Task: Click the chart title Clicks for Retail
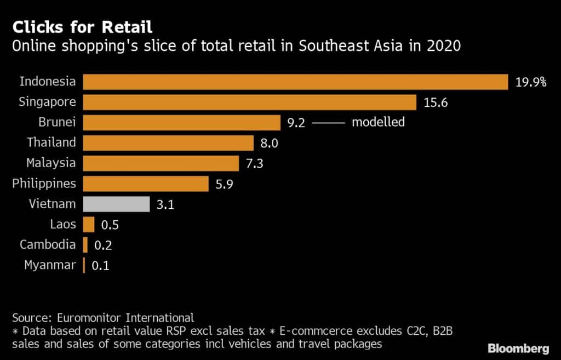pyautogui.click(x=82, y=27)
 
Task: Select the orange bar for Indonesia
pyautogui.click(x=295, y=82)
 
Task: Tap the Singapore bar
pyautogui.click(x=250, y=102)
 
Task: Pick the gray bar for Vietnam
pyautogui.click(x=116, y=204)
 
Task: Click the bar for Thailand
pyautogui.click(x=168, y=142)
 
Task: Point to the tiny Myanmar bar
pyautogui.click(x=84, y=265)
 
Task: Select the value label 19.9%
pyautogui.click(x=530, y=82)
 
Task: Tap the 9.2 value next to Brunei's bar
pyautogui.click(x=296, y=122)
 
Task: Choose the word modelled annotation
pyautogui.click(x=378, y=122)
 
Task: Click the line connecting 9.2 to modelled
pyautogui.click(x=328, y=123)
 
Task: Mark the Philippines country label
pyautogui.click(x=44, y=183)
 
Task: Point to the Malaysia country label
pyautogui.click(x=51, y=163)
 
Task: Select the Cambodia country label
pyautogui.click(x=48, y=244)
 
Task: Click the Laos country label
pyautogui.click(x=63, y=224)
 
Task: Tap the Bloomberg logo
pyautogui.click(x=518, y=348)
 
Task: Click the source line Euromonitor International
pyautogui.click(x=102, y=317)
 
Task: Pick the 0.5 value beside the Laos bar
pyautogui.click(x=110, y=225)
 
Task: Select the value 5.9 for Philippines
pyautogui.click(x=224, y=184)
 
